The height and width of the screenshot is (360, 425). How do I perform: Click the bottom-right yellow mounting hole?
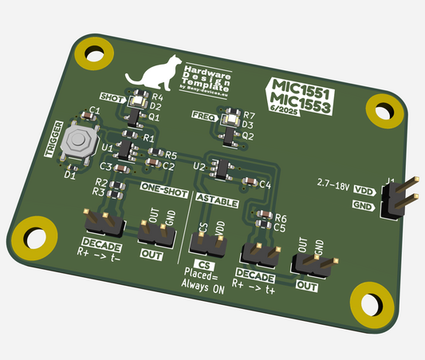(x=372, y=303)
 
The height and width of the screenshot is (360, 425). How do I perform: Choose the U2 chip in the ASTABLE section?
(x=223, y=169)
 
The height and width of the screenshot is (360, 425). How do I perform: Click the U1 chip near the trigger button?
(x=125, y=148)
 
